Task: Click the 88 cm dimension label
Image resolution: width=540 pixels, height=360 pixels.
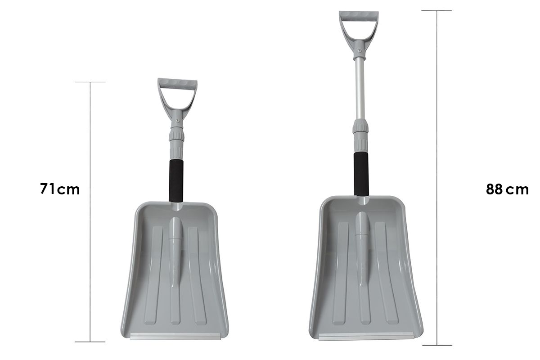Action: [507, 189]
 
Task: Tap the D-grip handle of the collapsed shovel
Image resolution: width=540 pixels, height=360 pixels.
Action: [177, 83]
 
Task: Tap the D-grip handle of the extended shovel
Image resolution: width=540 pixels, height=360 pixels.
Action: [359, 16]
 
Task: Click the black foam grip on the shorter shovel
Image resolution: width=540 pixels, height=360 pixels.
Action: [176, 180]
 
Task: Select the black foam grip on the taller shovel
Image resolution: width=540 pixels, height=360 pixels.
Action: [361, 174]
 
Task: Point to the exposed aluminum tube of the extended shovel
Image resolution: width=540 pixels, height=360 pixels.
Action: [360, 89]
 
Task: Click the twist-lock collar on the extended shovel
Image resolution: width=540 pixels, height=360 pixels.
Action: [360, 127]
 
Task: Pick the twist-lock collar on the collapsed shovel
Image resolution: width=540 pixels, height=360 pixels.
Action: [176, 135]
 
